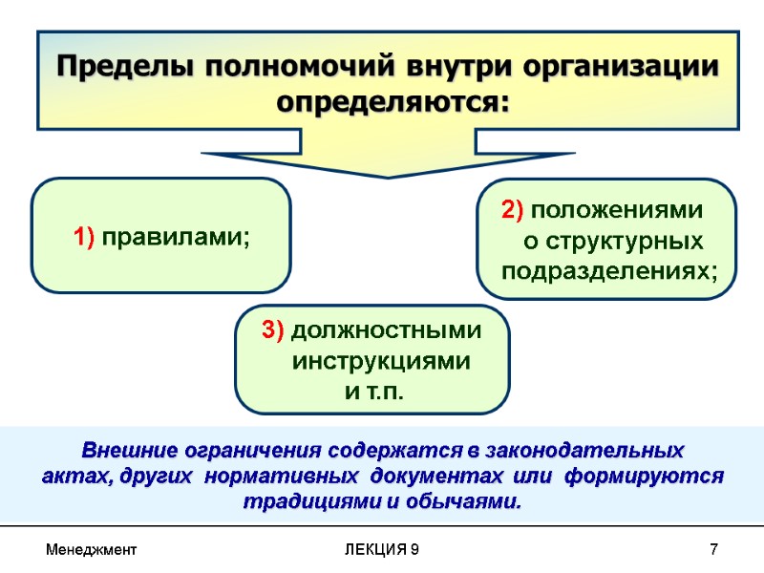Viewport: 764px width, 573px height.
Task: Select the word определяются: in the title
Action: tap(392, 100)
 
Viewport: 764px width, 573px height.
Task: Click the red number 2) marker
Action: tap(513, 209)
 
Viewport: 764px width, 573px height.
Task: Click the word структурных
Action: tap(626, 241)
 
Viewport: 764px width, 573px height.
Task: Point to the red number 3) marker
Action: tap(272, 330)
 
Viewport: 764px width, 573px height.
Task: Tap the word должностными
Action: tap(386, 330)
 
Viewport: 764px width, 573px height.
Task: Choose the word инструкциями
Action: tap(380, 362)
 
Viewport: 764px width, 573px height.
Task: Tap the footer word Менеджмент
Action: tap(92, 551)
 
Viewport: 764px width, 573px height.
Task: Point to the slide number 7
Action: tap(713, 551)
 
